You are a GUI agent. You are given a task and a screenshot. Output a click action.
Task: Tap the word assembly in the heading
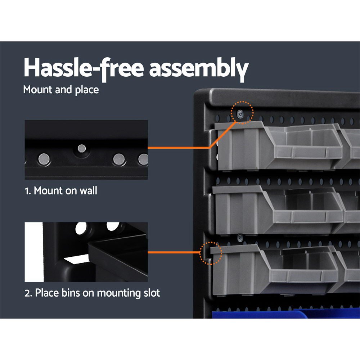(199, 68)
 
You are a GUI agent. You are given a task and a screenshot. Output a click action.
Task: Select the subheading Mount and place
(61, 90)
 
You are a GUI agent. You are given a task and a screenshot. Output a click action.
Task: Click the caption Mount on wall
(65, 190)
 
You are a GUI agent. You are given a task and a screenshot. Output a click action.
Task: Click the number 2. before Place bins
(28, 293)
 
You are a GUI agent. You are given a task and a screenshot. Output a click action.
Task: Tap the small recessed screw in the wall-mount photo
(82, 148)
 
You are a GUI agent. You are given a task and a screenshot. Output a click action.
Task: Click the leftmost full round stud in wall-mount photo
(44, 158)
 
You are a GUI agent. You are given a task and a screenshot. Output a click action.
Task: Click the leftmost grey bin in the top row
(277, 146)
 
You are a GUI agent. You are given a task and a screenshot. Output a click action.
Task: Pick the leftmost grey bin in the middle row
(277, 209)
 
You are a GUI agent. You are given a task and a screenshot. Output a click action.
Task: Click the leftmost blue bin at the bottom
(252, 315)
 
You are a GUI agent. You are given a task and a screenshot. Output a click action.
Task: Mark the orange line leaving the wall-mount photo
(178, 147)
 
